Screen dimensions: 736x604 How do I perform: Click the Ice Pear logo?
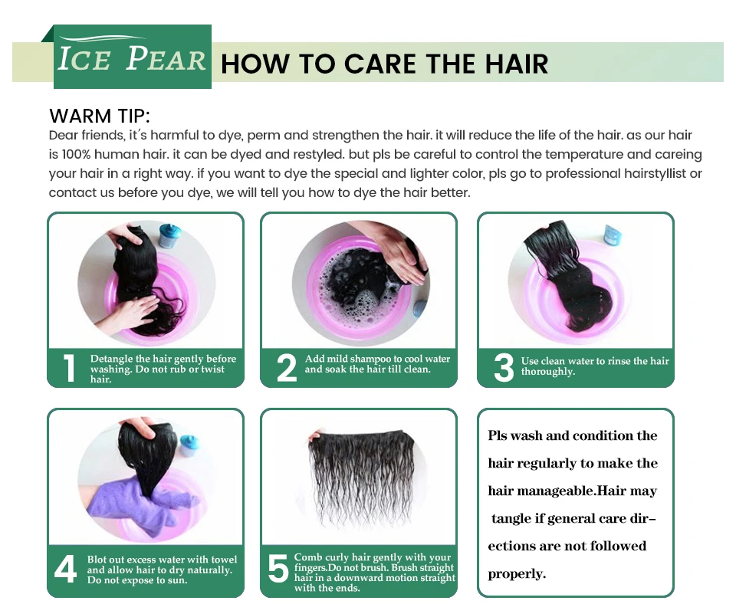(x=133, y=57)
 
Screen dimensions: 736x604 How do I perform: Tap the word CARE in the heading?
(x=379, y=64)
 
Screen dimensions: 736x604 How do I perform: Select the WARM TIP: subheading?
(x=100, y=116)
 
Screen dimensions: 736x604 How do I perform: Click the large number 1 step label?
(x=69, y=368)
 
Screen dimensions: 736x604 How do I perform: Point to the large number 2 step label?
(x=286, y=368)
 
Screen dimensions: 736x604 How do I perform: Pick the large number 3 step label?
(x=504, y=368)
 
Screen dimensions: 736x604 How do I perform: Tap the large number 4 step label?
(x=65, y=569)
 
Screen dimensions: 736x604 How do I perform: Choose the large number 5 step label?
(x=278, y=569)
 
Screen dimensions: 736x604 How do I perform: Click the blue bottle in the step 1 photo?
(x=169, y=236)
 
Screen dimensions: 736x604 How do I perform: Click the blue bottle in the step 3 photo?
(x=613, y=235)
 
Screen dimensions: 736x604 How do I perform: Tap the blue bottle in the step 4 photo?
(x=189, y=445)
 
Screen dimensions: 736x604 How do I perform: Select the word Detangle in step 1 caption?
(x=112, y=359)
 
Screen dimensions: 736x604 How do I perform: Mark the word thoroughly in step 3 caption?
(x=547, y=372)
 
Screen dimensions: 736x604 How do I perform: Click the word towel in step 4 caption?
(x=224, y=560)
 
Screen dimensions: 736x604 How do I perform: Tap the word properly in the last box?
(x=516, y=574)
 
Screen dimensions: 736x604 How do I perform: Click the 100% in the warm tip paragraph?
(x=76, y=154)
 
